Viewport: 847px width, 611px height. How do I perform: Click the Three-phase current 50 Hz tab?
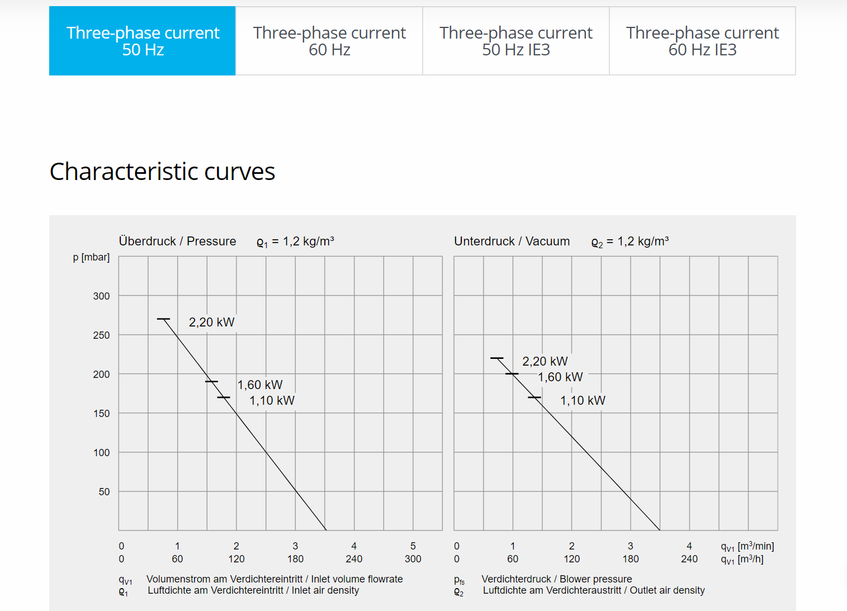[x=143, y=41]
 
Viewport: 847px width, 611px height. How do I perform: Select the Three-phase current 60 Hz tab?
[x=329, y=41]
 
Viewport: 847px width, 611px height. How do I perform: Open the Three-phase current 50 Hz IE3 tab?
[x=515, y=41]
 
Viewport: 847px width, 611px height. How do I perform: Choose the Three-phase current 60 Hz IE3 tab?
[x=702, y=41]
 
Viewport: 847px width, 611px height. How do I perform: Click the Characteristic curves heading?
[x=162, y=172]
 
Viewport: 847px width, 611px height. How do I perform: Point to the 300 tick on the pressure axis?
[x=101, y=296]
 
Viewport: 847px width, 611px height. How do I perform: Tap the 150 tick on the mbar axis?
[x=101, y=414]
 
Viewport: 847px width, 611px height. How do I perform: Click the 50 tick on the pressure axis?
[x=104, y=492]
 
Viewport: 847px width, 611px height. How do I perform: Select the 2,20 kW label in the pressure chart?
[x=211, y=323]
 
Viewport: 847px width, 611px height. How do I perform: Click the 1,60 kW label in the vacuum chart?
[x=560, y=377]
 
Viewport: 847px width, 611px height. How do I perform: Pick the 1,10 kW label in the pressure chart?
[x=272, y=401]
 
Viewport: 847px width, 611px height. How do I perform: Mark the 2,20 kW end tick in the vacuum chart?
[x=496, y=358]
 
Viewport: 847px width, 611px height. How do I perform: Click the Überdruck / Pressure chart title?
[x=177, y=241]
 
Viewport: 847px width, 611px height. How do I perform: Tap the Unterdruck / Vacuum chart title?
[x=512, y=241]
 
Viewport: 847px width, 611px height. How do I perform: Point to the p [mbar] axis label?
[x=91, y=257]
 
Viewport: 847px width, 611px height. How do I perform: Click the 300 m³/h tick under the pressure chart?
[x=413, y=559]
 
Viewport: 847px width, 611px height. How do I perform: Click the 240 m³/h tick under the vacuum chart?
[x=689, y=559]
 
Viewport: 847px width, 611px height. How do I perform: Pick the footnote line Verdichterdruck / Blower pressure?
[x=556, y=579]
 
